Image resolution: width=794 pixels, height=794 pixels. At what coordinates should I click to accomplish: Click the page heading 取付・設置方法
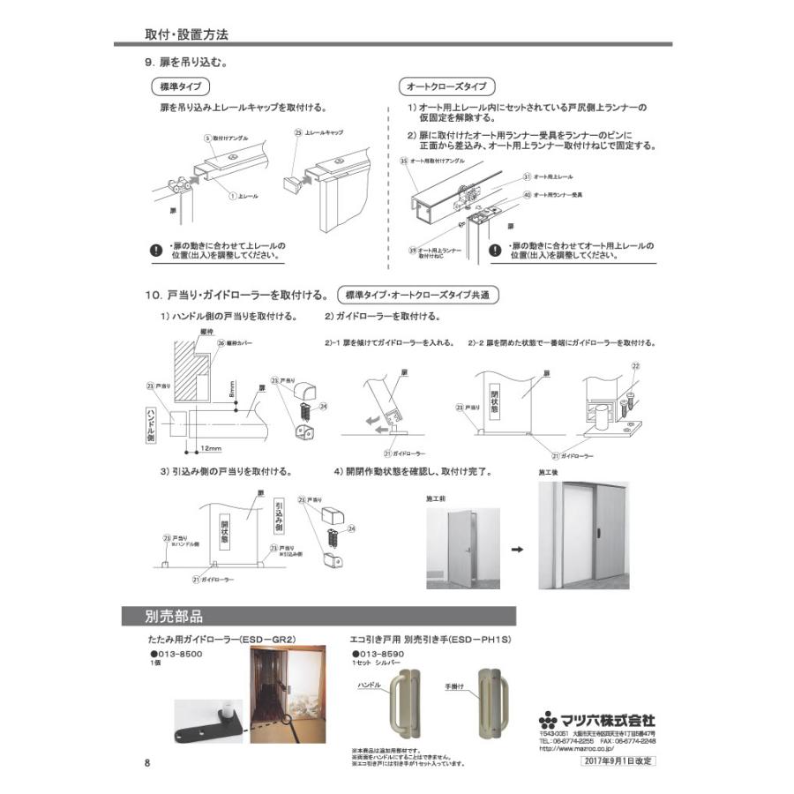tap(186, 36)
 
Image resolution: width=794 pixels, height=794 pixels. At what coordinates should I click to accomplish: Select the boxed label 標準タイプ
tap(180, 87)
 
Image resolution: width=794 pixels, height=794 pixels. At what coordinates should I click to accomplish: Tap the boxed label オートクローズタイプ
tap(447, 87)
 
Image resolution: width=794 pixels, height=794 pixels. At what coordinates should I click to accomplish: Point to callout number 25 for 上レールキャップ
tap(297, 131)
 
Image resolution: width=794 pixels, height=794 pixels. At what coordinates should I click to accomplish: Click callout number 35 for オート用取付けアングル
tap(403, 161)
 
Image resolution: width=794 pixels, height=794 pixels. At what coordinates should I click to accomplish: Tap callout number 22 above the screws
tap(635, 364)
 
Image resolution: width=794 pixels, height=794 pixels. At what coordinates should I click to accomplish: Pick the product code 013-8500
tap(177, 655)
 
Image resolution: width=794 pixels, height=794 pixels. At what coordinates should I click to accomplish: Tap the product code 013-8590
tap(380, 655)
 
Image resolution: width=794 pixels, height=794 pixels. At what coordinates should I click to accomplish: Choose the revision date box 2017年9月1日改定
tap(618, 760)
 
